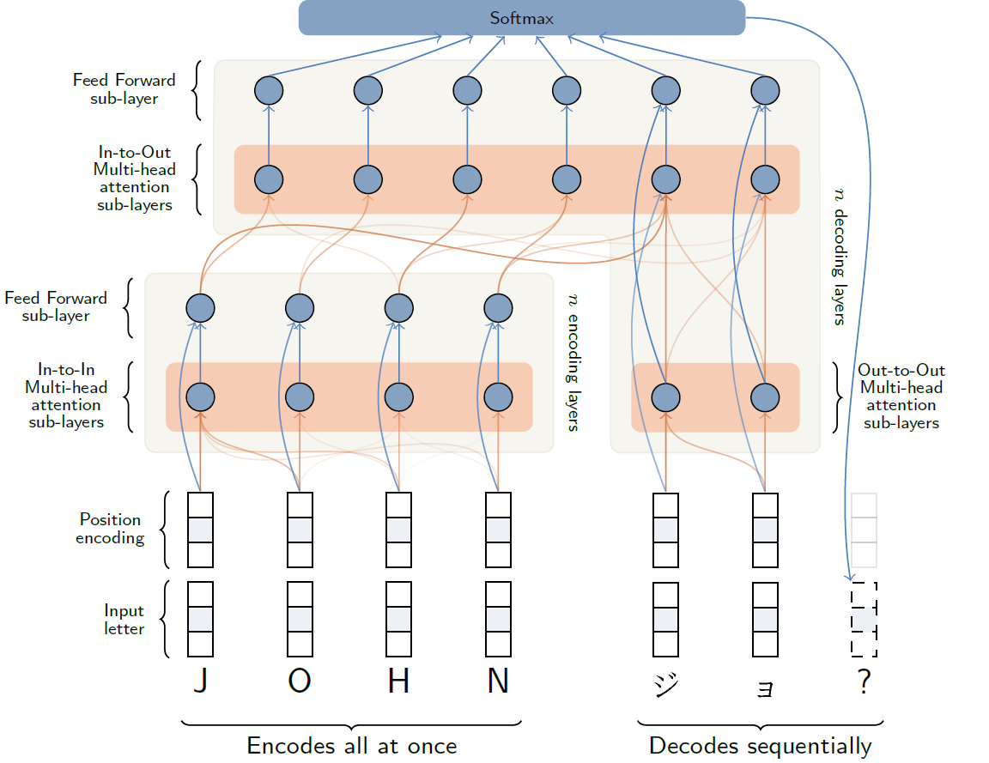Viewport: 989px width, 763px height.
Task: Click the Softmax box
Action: pyautogui.click(x=521, y=18)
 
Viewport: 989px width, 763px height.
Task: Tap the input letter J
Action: pyautogui.click(x=200, y=681)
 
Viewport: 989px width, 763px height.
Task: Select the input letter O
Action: pyautogui.click(x=300, y=681)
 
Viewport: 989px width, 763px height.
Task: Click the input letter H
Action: pyautogui.click(x=398, y=681)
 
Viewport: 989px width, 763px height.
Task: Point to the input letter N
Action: pyautogui.click(x=498, y=681)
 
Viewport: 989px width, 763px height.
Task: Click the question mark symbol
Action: pyautogui.click(x=864, y=682)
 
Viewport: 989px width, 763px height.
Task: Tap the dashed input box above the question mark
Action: pyautogui.click(x=864, y=619)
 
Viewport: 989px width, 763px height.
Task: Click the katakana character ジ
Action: pyautogui.click(x=665, y=685)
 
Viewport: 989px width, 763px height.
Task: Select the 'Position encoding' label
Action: pyautogui.click(x=110, y=529)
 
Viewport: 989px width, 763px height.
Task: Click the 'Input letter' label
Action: pyautogui.click(x=124, y=620)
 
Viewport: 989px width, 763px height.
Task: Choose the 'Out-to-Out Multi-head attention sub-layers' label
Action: pyautogui.click(x=901, y=397)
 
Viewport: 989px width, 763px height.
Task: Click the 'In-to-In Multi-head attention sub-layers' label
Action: pyautogui.click(x=66, y=397)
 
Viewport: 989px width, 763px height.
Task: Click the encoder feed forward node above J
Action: pyautogui.click(x=200, y=307)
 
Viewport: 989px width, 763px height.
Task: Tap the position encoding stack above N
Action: pyautogui.click(x=498, y=530)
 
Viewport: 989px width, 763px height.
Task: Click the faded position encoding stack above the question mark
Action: pyautogui.click(x=864, y=530)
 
